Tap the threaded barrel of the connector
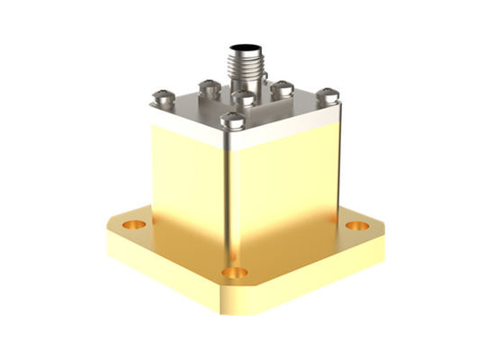pos(242,65)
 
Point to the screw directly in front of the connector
pos(242,97)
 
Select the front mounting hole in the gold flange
pos(237,271)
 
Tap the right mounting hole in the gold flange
pos(357,226)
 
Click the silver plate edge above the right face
pos(288,129)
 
